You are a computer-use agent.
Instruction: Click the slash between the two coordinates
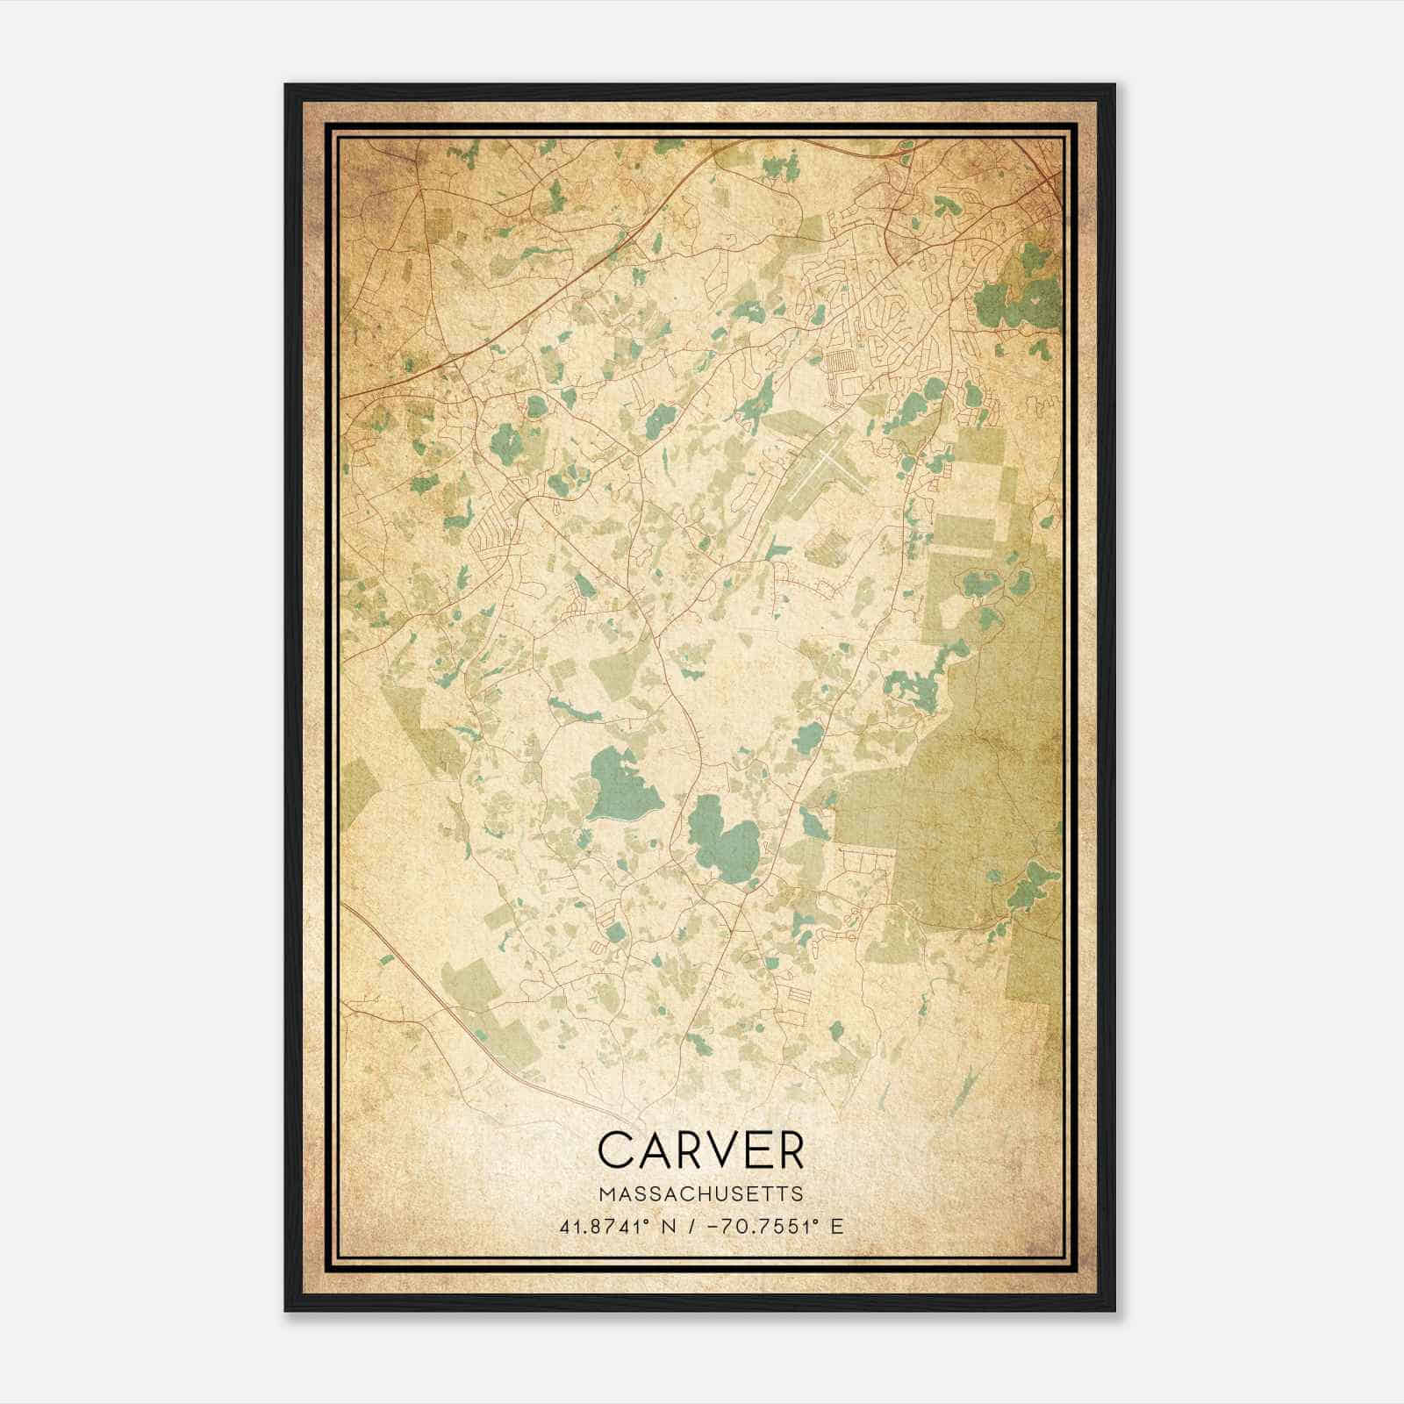(x=693, y=1226)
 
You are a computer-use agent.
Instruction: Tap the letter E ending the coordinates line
(x=836, y=1226)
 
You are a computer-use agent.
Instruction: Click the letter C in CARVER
(x=616, y=1150)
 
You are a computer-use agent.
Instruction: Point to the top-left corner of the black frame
(x=286, y=85)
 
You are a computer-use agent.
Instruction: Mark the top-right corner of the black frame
(x=1114, y=85)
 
